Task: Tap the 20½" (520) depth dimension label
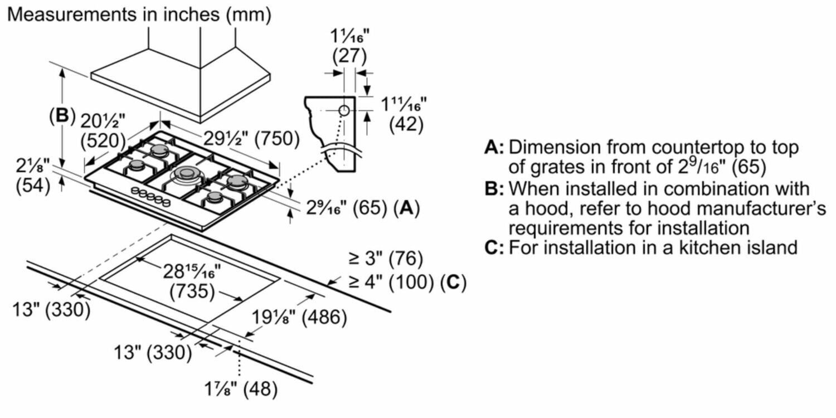tap(103, 129)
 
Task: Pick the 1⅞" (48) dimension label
tap(241, 389)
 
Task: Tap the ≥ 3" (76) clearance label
tap(386, 259)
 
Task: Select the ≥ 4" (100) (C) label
tap(407, 283)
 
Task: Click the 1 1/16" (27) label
tap(349, 47)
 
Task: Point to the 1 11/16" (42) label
tap(403, 114)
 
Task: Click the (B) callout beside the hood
tap(61, 115)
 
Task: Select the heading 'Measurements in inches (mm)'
tap(139, 14)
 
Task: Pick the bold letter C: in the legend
tap(494, 247)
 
